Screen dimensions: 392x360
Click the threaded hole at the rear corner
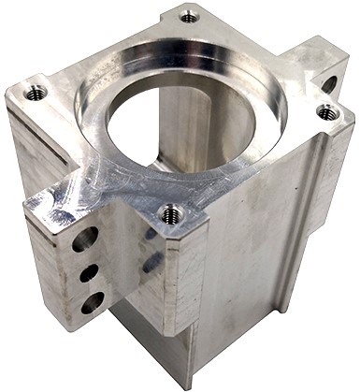coord(189,16)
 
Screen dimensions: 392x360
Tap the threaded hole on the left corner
coord(36,92)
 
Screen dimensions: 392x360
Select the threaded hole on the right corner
coord(326,111)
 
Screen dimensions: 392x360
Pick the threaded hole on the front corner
coord(170,213)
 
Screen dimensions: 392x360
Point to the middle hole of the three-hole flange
coord(89,272)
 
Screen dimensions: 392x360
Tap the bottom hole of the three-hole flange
coord(93,301)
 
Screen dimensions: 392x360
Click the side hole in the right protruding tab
coord(330,83)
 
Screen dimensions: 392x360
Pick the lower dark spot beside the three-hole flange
coord(150,267)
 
